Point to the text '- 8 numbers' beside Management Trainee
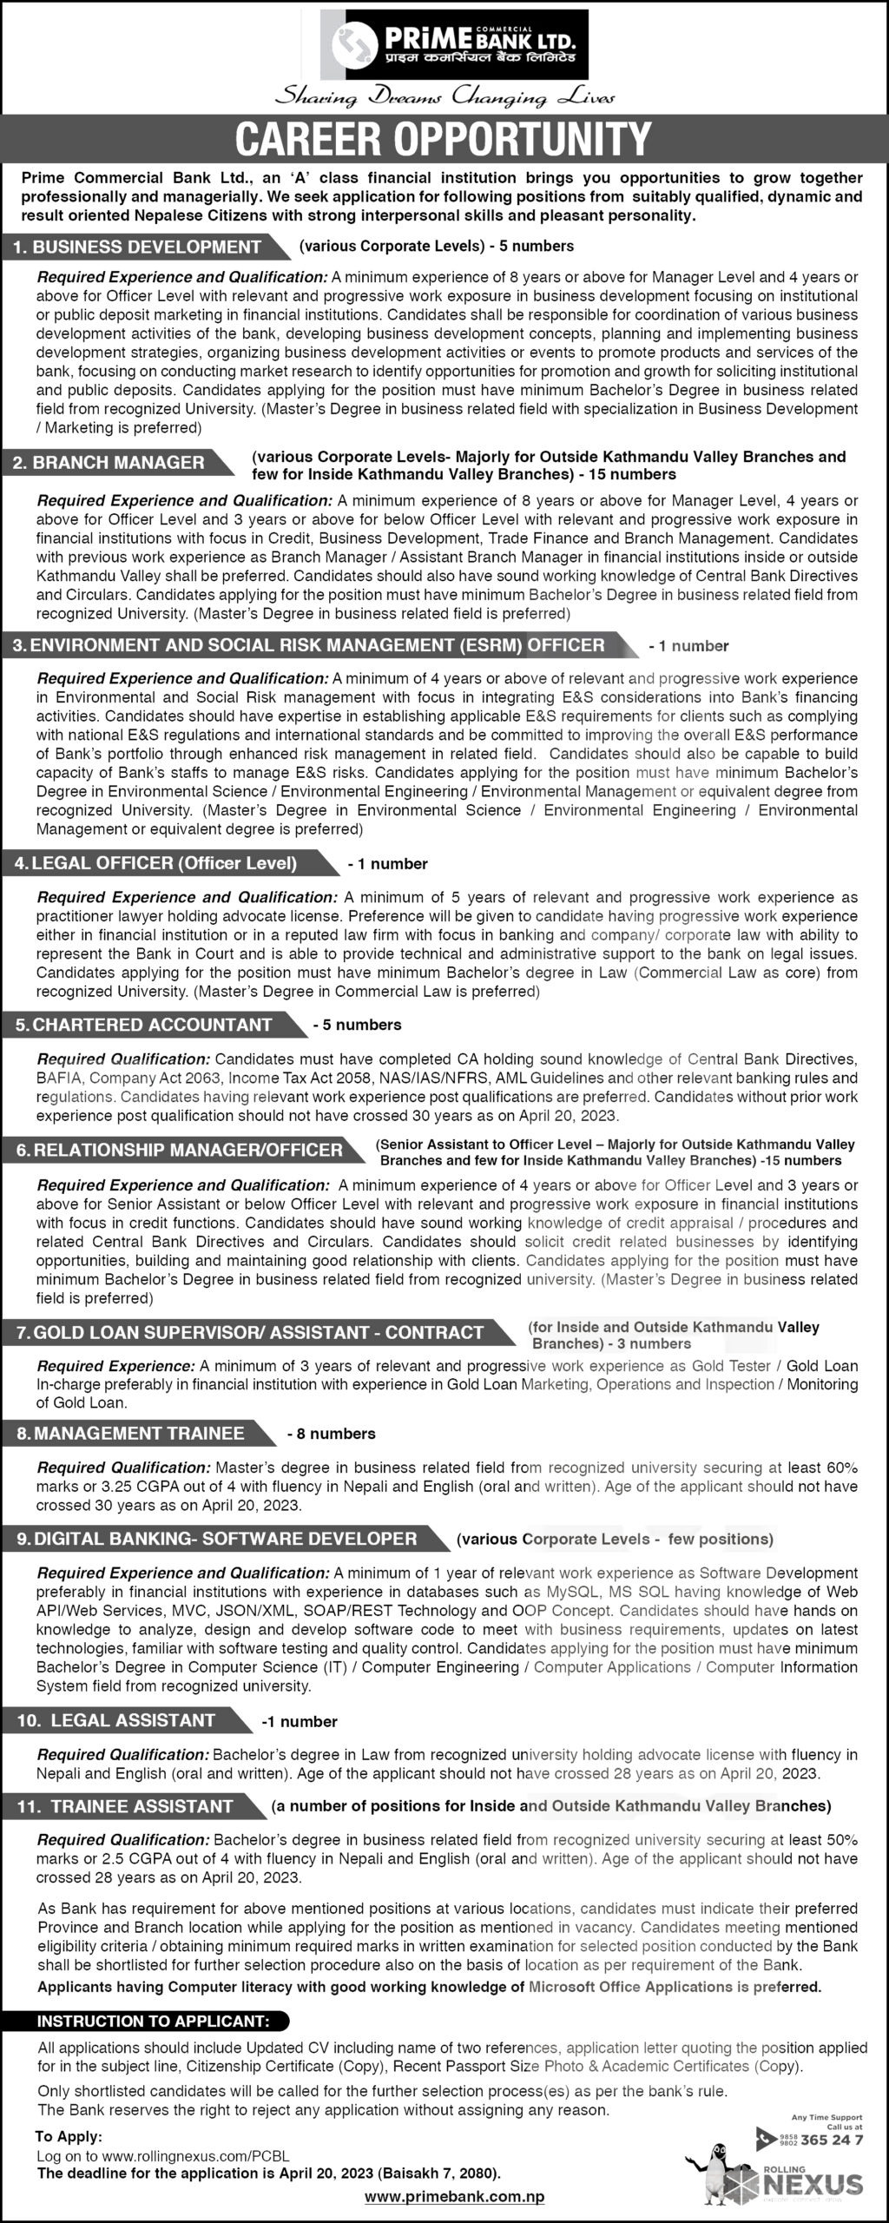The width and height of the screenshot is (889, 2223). click(x=332, y=1434)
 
